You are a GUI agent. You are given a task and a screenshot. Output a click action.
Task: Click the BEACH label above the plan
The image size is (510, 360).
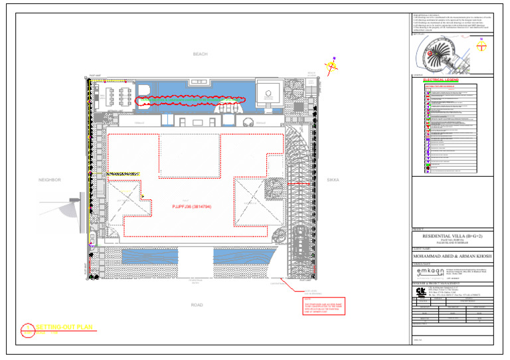pyautogui.click(x=200, y=54)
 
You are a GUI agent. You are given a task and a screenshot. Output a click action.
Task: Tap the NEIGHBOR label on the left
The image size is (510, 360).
pyautogui.click(x=50, y=180)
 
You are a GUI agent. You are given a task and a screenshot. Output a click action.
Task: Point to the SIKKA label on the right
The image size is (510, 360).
pyautogui.click(x=333, y=180)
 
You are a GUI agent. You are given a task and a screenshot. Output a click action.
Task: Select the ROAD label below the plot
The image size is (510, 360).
pyautogui.click(x=197, y=305)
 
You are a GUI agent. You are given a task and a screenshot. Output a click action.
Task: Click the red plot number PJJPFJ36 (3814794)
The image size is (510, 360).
pyautogui.click(x=191, y=207)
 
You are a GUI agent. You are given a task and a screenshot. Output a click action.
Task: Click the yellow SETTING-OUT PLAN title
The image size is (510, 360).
pyautogui.click(x=64, y=327)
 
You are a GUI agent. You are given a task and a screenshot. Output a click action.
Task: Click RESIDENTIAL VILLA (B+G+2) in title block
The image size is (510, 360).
pyautogui.click(x=451, y=236)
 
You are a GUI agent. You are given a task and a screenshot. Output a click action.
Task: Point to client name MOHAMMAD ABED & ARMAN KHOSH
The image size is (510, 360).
pyautogui.click(x=451, y=256)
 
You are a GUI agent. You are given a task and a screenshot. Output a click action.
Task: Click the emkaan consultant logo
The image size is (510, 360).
pyautogui.click(x=430, y=273)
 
